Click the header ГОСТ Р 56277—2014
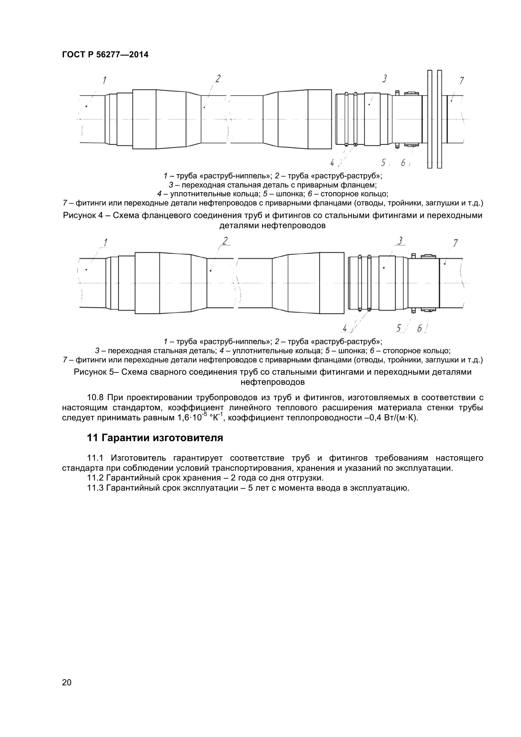pyautogui.click(x=105, y=55)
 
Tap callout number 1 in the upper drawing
pyautogui.click(x=105, y=80)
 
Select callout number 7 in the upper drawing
pyautogui.click(x=461, y=81)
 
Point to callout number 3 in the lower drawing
pyautogui.click(x=400, y=240)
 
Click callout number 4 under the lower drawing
pyautogui.click(x=345, y=328)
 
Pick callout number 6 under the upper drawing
pyautogui.click(x=403, y=163)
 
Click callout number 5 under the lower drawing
pyautogui.click(x=399, y=328)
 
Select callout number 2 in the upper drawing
pyautogui.click(x=218, y=78)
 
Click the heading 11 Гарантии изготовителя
pyautogui.click(x=155, y=438)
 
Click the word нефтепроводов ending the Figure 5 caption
pyautogui.click(x=272, y=382)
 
